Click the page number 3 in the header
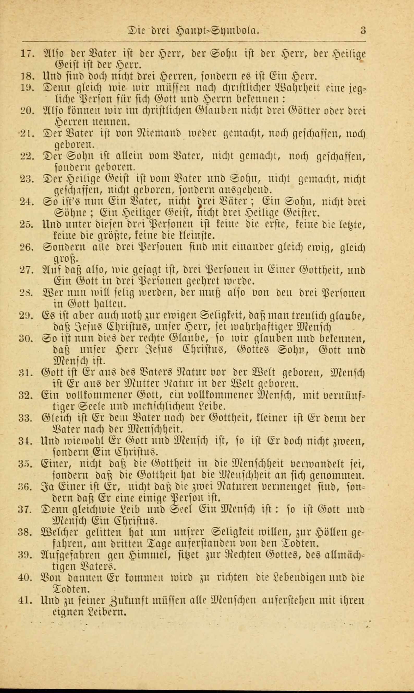[363, 30]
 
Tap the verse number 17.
[27, 53]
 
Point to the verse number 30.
[26, 339]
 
